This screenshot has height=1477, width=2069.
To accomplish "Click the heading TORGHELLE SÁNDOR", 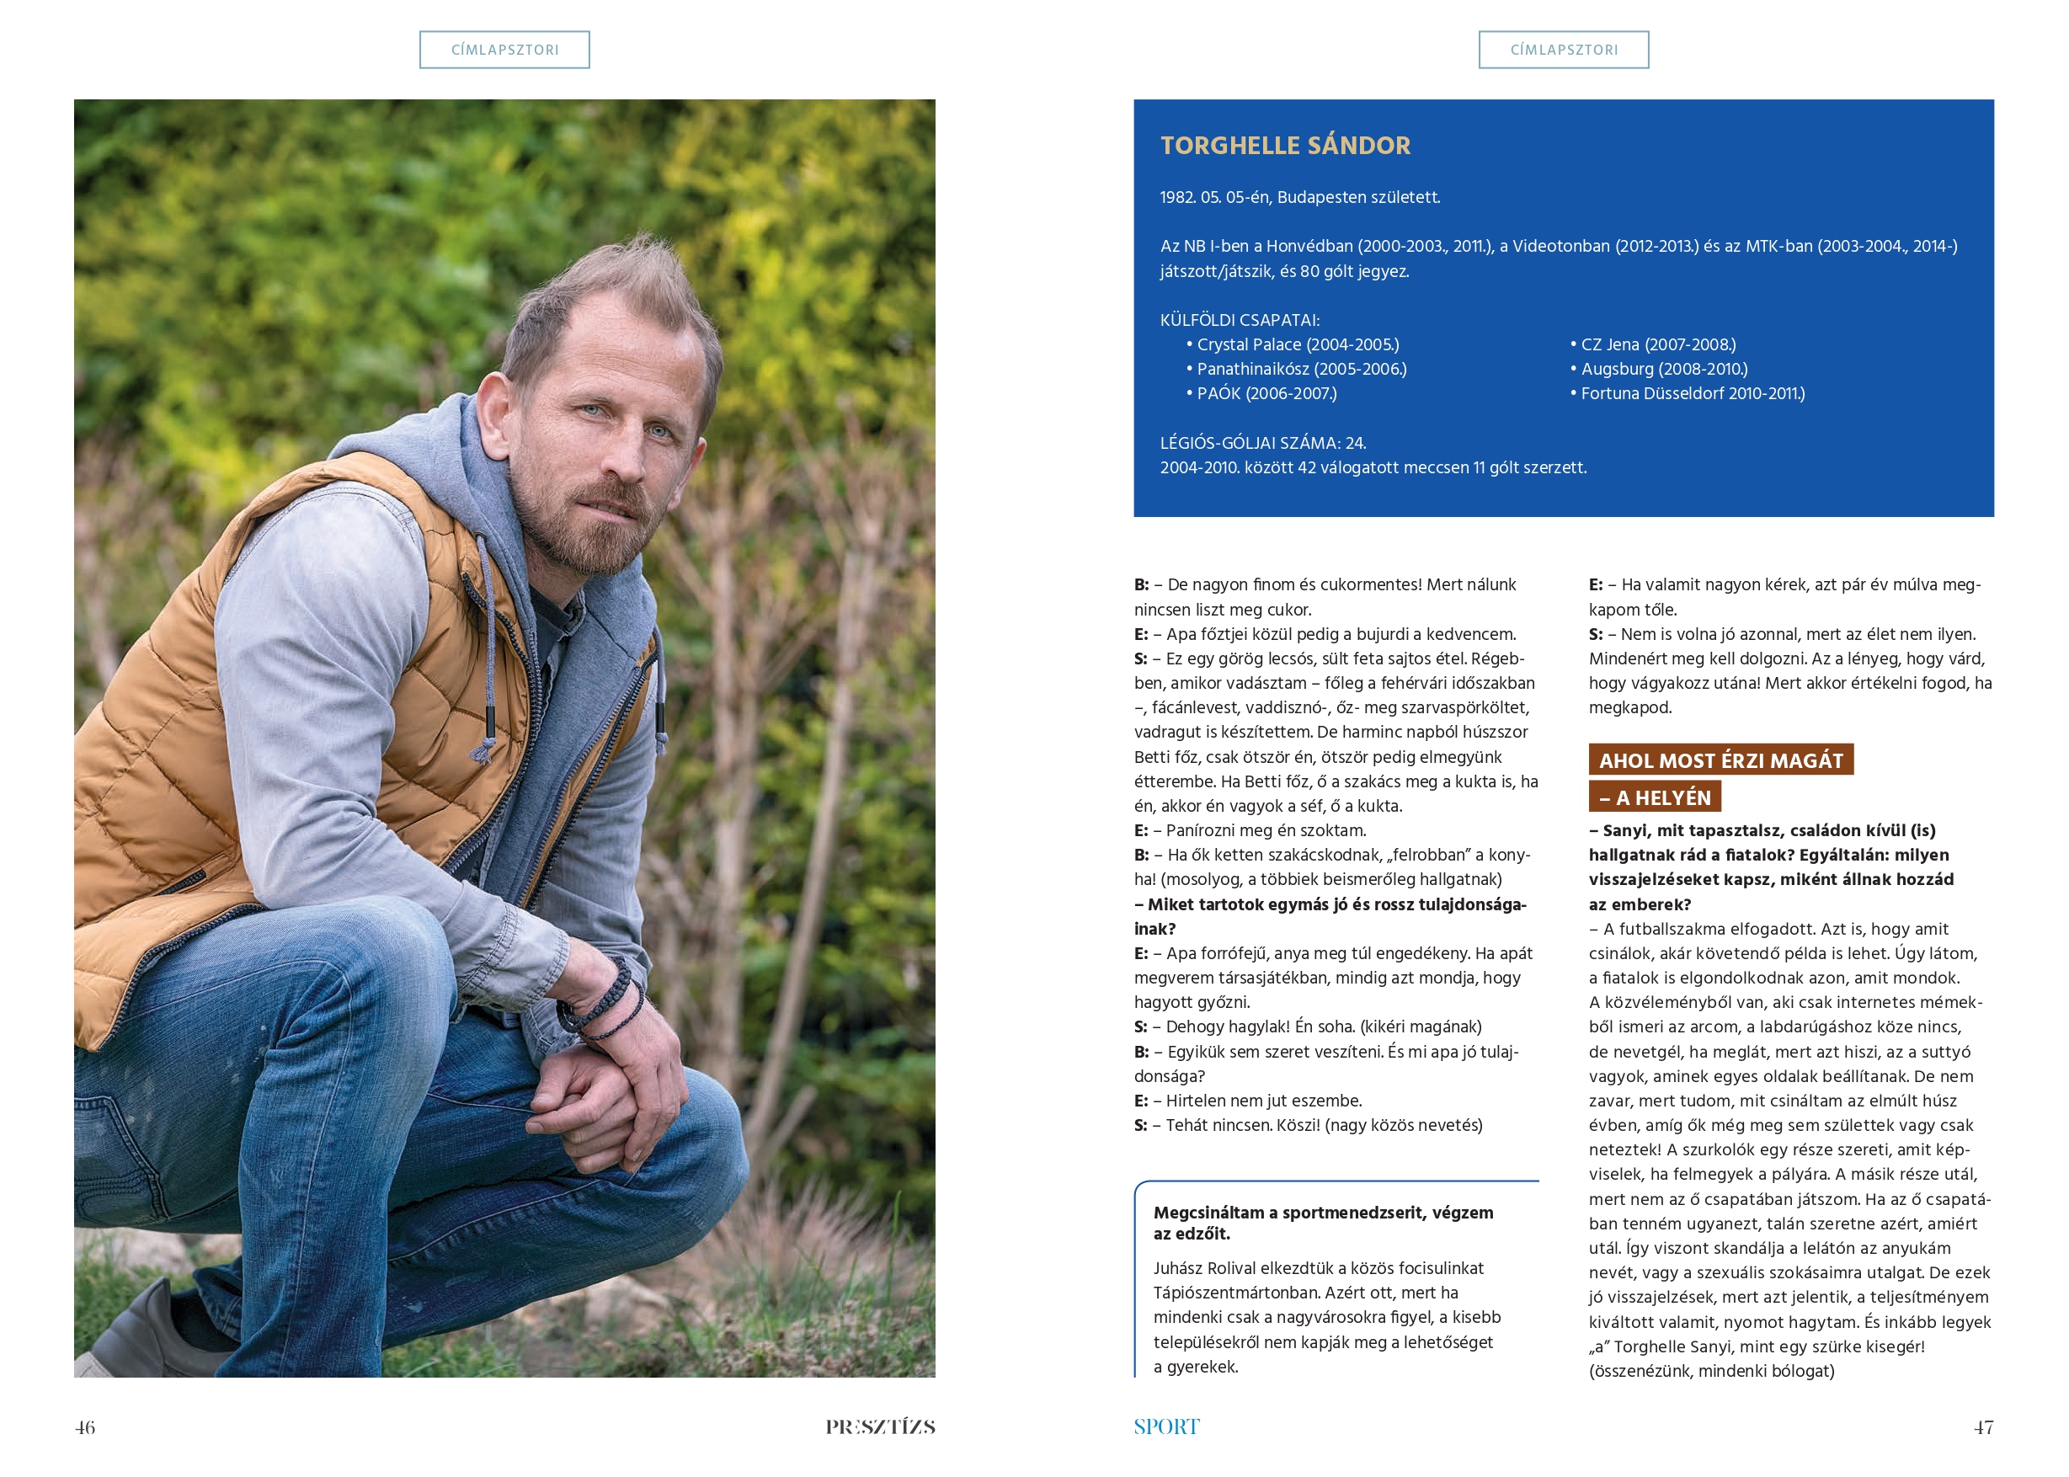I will tap(1284, 146).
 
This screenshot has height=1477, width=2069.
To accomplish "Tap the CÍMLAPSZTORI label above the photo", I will tap(504, 50).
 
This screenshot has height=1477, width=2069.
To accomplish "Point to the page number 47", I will tap(1982, 1427).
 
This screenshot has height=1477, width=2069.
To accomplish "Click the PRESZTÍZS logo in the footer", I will tap(879, 1427).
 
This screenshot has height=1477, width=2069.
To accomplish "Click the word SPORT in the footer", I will tap(1166, 1427).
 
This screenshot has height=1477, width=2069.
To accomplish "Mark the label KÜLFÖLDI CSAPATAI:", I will tap(1239, 320).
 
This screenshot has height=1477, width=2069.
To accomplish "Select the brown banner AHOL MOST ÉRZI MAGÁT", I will tap(1720, 760).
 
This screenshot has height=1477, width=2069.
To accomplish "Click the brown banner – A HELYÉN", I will tap(1655, 797).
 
